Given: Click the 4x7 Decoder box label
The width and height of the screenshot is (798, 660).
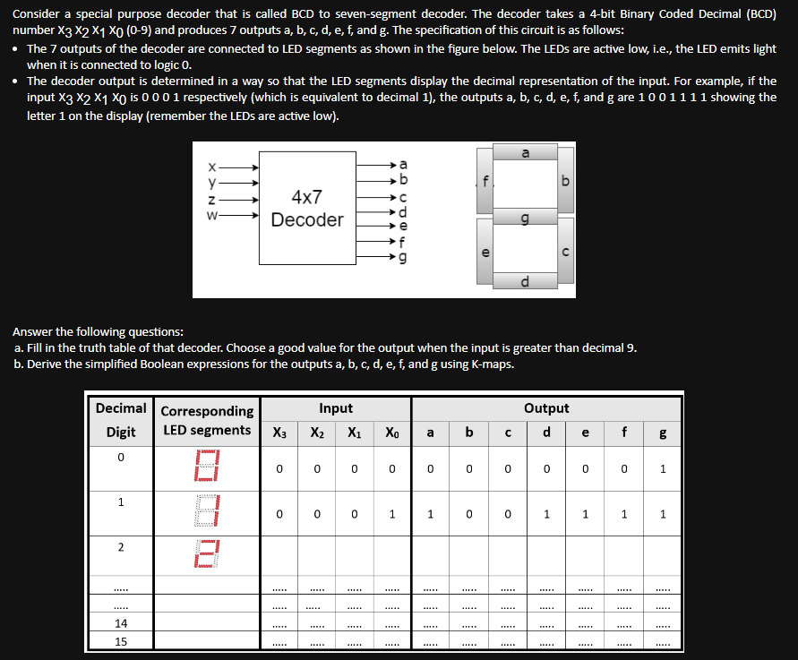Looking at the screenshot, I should [x=306, y=209].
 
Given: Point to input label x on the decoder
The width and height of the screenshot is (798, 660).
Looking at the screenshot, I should [x=211, y=167].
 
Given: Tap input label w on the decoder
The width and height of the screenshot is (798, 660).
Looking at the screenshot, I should [x=211, y=215].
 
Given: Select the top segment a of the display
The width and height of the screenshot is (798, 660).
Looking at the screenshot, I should [x=525, y=155].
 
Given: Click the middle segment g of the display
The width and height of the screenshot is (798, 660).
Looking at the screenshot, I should [x=525, y=219].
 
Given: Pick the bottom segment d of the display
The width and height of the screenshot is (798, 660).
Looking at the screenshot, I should [x=525, y=283].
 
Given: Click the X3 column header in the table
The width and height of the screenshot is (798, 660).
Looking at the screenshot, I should [x=279, y=432].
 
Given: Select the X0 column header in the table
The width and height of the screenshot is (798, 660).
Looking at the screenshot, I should [x=392, y=432].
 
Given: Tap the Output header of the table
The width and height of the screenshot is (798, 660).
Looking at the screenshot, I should [x=546, y=408].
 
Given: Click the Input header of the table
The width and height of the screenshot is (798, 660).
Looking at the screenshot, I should [x=336, y=408].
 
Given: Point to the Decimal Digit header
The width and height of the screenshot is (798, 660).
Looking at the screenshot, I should [x=121, y=420].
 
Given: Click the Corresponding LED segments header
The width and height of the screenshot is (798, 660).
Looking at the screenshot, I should [x=207, y=420].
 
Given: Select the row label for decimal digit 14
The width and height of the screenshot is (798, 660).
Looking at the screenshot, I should [x=121, y=623].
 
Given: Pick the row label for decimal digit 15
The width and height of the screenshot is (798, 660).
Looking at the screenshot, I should [x=121, y=641].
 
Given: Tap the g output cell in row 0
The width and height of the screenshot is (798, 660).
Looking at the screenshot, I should [x=662, y=467].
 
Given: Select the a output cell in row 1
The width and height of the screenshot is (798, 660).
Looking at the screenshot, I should [x=430, y=514].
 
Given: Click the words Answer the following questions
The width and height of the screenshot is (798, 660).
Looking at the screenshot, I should [x=99, y=331].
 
